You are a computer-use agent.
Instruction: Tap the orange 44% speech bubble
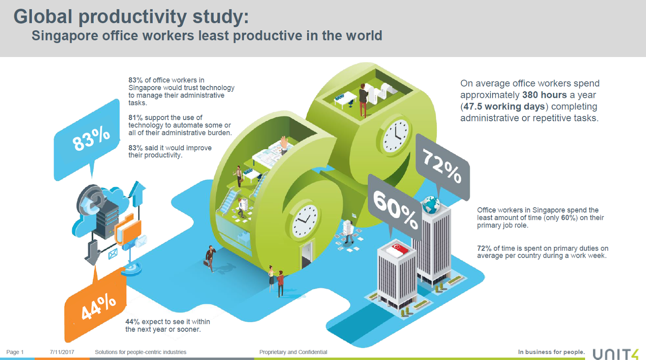click(x=95, y=306)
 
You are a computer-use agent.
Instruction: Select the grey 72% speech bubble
click(x=443, y=167)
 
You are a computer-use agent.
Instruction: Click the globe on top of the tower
click(x=431, y=204)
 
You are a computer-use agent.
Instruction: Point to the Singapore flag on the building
click(x=397, y=249)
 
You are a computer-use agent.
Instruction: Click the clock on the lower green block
click(x=304, y=221)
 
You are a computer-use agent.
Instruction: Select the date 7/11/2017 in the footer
click(x=62, y=352)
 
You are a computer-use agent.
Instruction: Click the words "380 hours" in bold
click(x=545, y=95)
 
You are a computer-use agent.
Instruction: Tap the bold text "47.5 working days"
click(x=504, y=107)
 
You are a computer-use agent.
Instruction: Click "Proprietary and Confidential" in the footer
click(x=293, y=352)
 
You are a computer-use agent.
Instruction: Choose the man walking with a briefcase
click(x=210, y=259)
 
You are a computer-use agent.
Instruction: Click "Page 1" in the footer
click(x=15, y=352)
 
